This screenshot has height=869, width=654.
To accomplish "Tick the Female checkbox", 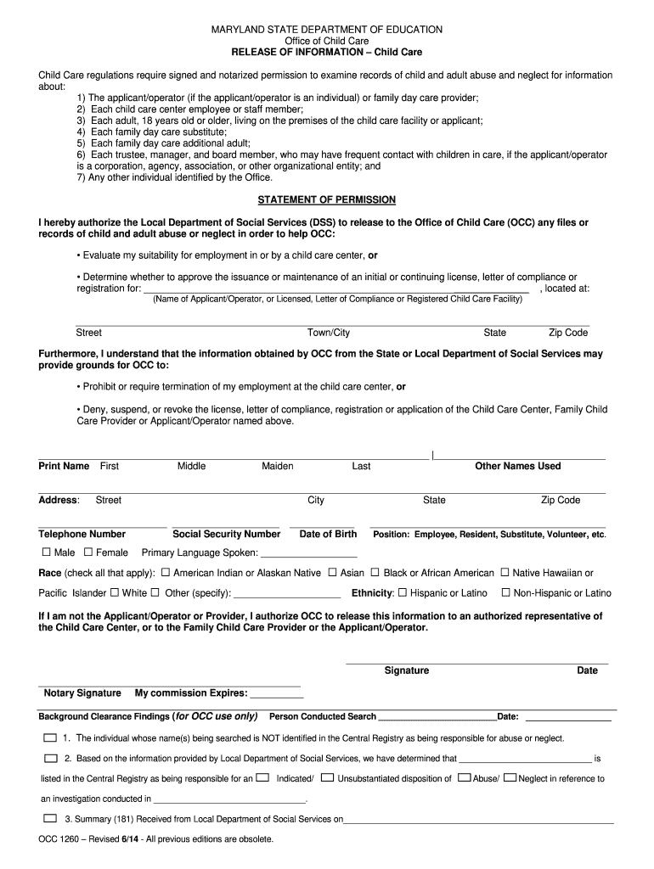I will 89,552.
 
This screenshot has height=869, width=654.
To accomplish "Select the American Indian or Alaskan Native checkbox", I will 166,573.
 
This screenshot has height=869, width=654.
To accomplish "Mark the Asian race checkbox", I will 332,573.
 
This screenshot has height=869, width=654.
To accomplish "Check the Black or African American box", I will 375,573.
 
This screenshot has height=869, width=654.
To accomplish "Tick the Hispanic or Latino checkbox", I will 403,593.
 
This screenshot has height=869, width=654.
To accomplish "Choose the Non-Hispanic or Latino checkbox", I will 506,593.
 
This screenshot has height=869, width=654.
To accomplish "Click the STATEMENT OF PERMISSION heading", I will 327,200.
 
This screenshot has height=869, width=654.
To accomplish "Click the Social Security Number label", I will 226,535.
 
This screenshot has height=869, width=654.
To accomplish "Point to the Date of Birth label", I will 328,535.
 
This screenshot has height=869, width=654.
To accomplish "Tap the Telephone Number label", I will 82,535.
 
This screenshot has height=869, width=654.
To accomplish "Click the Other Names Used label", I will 517,467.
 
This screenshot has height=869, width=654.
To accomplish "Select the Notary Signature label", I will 82,693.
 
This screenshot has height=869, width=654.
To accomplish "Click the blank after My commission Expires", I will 276,693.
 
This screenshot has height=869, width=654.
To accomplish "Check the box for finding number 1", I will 50,738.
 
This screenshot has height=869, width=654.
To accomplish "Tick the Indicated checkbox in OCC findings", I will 263,777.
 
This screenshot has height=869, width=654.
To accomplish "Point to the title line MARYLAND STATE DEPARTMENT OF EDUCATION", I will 327,30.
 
